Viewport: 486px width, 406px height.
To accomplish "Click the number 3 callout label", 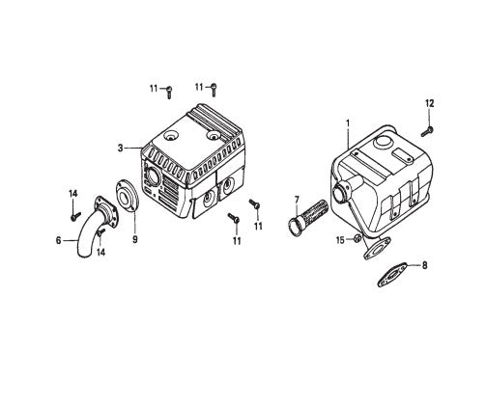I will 120,148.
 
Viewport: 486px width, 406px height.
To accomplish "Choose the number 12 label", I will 430,102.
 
